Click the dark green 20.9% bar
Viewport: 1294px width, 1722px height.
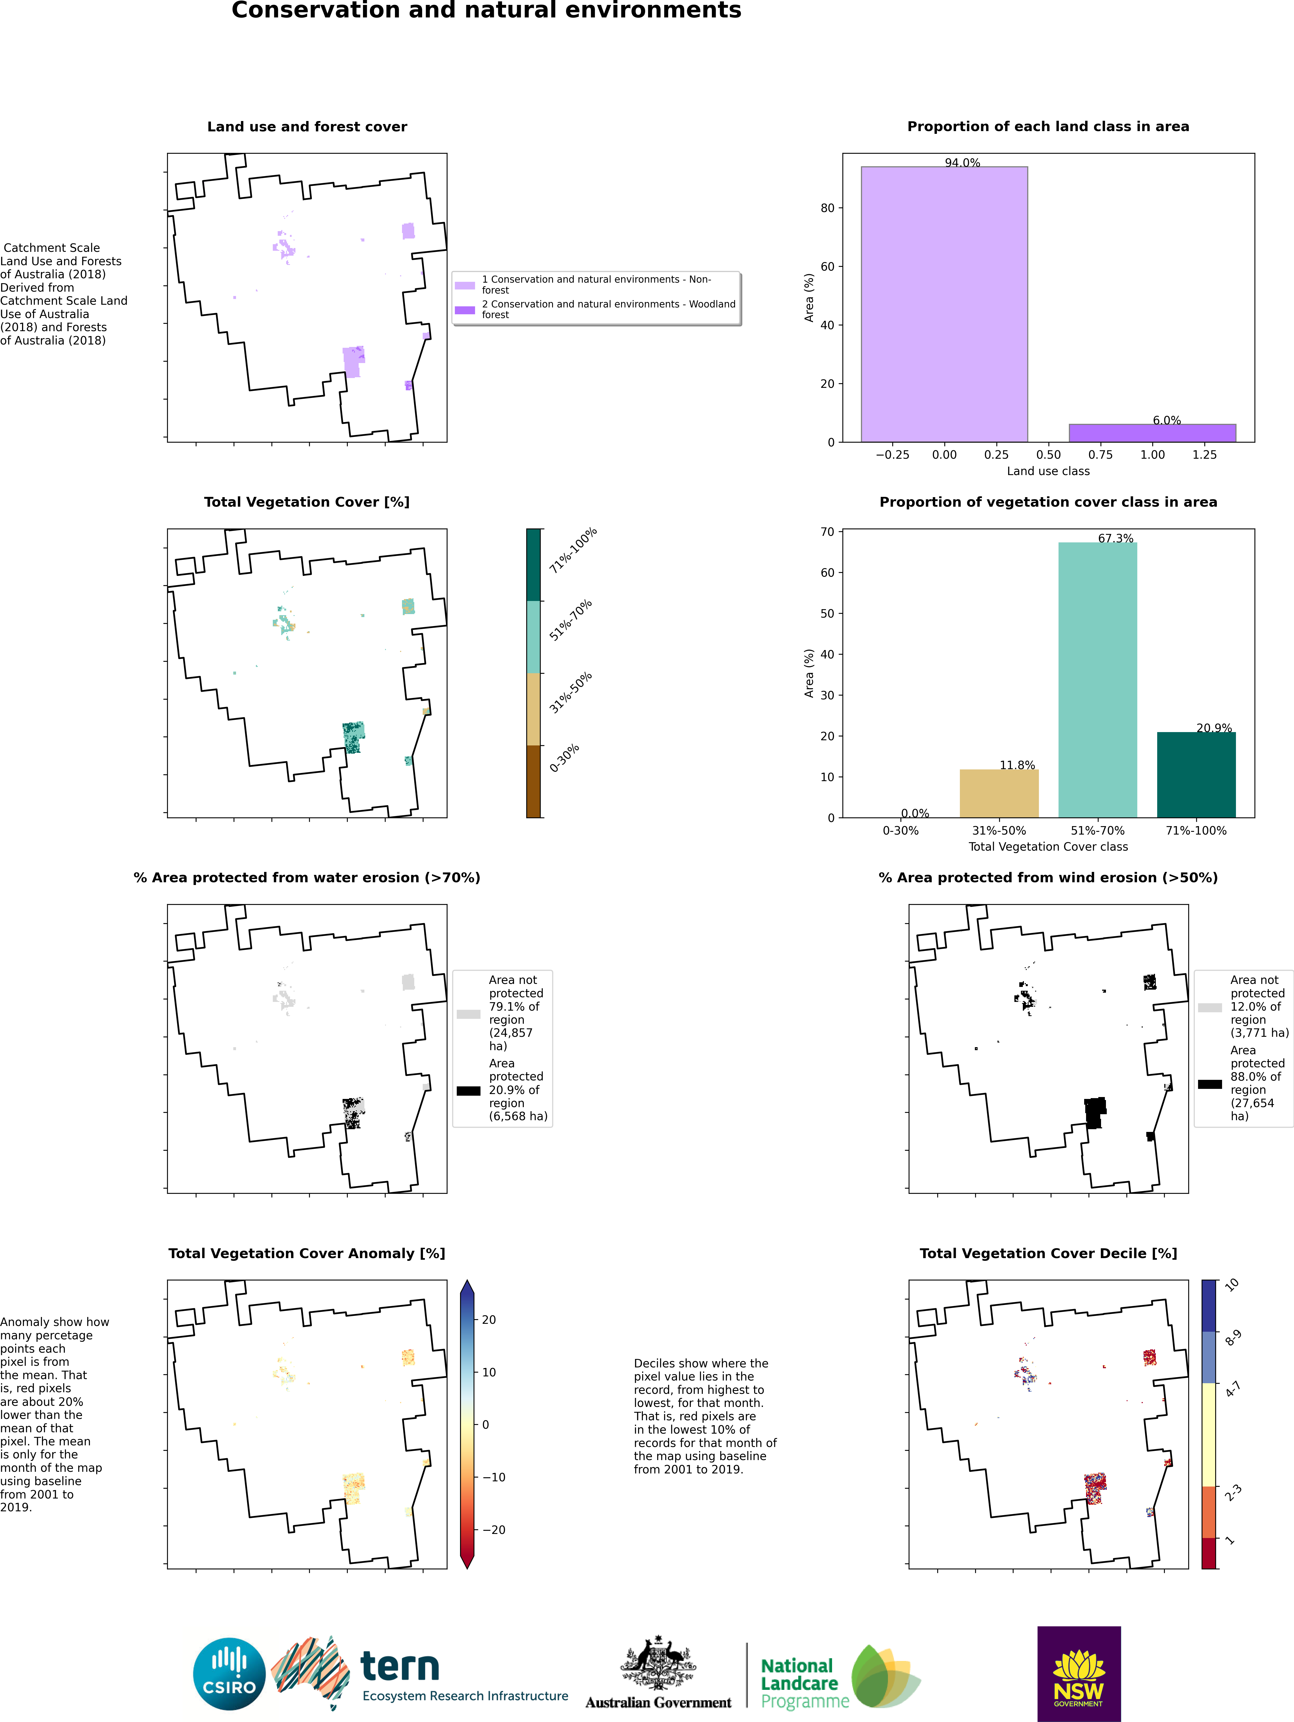(1196, 775)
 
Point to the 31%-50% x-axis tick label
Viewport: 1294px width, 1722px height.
(999, 831)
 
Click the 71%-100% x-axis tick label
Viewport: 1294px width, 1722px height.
(1196, 831)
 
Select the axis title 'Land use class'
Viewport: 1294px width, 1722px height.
(1048, 471)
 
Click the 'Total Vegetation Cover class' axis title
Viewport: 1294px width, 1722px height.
(1048, 846)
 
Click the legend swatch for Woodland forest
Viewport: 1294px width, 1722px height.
(465, 310)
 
